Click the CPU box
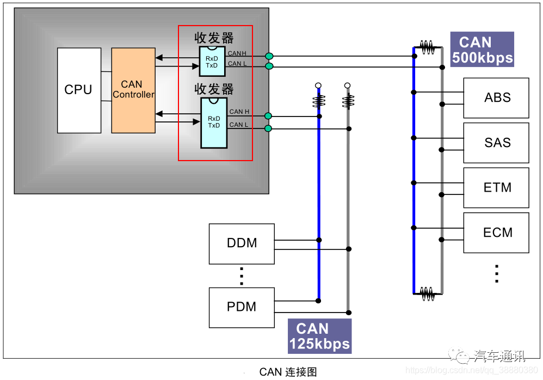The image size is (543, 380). pos(79,90)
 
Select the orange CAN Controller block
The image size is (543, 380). pos(133,90)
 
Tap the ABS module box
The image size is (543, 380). pos(496,98)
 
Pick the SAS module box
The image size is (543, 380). pos(496,143)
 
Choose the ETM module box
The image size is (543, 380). pos(496,188)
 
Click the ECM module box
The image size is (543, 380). pos(496,232)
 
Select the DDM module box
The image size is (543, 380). pos(242,243)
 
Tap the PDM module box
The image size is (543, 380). pos(242,307)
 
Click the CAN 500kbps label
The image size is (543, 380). pos(482,50)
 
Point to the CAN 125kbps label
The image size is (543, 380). pos(319,336)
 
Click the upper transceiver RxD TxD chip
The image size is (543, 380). pos(212,61)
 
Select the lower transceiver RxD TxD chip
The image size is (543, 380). pos(214,123)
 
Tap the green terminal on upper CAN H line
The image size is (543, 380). pos(269,56)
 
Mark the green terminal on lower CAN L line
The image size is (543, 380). pos(268,128)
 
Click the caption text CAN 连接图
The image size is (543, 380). pos(288,372)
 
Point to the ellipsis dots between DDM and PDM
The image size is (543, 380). pos(242,276)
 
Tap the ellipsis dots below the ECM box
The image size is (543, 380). pos(496,273)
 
